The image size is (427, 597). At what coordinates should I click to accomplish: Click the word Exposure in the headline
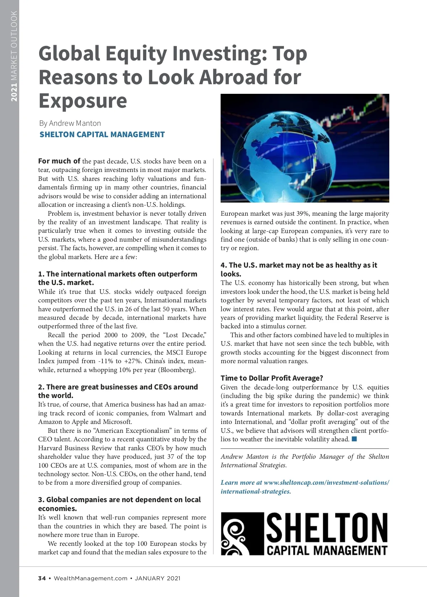[x=83, y=101]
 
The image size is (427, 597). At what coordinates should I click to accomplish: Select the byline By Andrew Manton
[x=70, y=123]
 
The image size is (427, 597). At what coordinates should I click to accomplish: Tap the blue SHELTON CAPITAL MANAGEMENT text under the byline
[x=102, y=135]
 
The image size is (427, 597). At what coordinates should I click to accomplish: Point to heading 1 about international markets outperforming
[x=117, y=278]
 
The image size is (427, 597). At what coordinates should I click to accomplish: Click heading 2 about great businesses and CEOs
[x=118, y=391]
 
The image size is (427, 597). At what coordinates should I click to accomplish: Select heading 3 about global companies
[x=119, y=504]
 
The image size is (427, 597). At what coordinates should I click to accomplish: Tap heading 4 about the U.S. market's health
[x=299, y=269]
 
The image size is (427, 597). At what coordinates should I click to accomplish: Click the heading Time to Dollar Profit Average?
[x=272, y=378]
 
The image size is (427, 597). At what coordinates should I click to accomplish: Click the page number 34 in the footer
[x=42, y=578]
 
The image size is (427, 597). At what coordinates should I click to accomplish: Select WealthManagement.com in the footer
[x=90, y=578]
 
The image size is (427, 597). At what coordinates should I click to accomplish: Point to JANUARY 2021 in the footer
[x=158, y=578]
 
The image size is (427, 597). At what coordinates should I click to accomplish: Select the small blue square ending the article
[x=354, y=439]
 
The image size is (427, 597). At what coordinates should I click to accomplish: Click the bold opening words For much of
[x=59, y=161]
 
